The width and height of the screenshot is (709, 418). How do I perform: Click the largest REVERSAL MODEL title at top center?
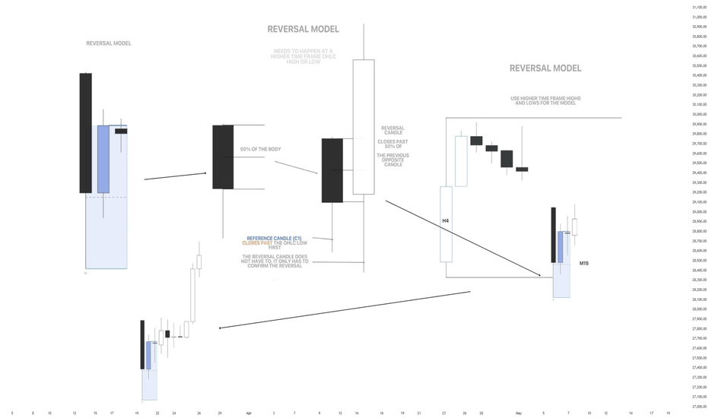[303, 30]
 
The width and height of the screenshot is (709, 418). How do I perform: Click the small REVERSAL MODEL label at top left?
[108, 43]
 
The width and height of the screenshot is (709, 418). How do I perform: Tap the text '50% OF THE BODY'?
[260, 150]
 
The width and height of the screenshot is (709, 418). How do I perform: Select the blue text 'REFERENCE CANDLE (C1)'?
[274, 239]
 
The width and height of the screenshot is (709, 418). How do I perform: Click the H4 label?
[446, 221]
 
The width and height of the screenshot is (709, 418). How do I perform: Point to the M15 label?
[583, 264]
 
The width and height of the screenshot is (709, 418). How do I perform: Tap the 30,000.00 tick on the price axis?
[699, 115]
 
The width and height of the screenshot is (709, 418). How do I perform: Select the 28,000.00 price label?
[699, 309]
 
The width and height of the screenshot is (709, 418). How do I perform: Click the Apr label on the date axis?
[249, 413]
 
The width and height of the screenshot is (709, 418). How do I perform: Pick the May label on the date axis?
[518, 413]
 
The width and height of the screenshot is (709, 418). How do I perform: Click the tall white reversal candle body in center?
[364, 127]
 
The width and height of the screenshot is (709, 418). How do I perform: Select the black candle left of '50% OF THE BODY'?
[223, 157]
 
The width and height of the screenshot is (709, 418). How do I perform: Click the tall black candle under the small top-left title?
[86, 133]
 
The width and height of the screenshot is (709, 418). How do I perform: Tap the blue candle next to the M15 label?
[561, 247]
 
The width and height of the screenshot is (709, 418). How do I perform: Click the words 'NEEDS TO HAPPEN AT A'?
[303, 52]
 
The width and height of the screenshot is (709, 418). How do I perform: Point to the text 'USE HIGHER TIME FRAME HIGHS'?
[545, 99]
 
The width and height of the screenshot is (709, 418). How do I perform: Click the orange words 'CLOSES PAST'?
[257, 243]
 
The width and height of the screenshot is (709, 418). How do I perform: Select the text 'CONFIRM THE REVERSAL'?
[275, 266]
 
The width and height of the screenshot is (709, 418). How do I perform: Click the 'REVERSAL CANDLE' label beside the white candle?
[393, 131]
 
